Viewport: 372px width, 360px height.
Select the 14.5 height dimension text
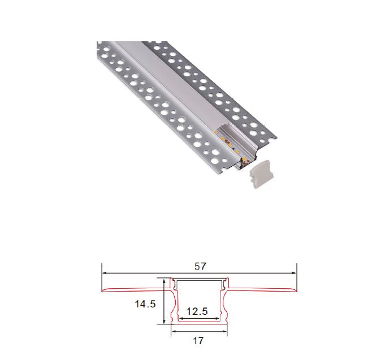tap(145, 303)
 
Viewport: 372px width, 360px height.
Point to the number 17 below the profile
tap(198, 341)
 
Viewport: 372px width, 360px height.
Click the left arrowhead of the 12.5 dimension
tap(182, 319)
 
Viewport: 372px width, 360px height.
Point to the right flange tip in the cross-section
tap(295, 290)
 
